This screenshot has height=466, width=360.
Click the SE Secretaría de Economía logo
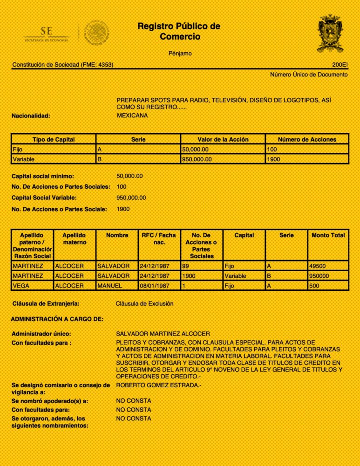(47, 34)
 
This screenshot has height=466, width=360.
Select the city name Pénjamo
(180, 54)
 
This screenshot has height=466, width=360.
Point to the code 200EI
(340, 64)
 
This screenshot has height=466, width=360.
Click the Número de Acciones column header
(307, 139)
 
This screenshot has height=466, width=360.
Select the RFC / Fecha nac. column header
(159, 239)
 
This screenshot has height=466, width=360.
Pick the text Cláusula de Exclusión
(144, 304)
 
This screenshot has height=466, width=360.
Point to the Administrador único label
(41, 334)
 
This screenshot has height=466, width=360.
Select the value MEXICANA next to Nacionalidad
(132, 115)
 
